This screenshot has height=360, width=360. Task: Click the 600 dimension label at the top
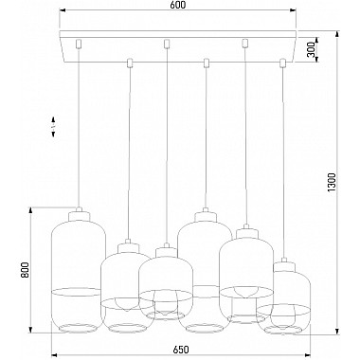179,5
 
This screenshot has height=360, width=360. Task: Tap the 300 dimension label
311,49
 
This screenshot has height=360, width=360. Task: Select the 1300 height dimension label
332,182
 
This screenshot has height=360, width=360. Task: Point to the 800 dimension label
25,270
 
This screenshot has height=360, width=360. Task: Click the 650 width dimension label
181,350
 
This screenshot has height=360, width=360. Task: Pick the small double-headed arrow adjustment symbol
53,127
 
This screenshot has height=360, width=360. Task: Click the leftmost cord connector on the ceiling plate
79,44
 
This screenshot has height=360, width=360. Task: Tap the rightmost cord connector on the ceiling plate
282,63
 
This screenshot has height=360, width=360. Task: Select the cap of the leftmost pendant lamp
79,214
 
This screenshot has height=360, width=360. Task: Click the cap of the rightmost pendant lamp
284,265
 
